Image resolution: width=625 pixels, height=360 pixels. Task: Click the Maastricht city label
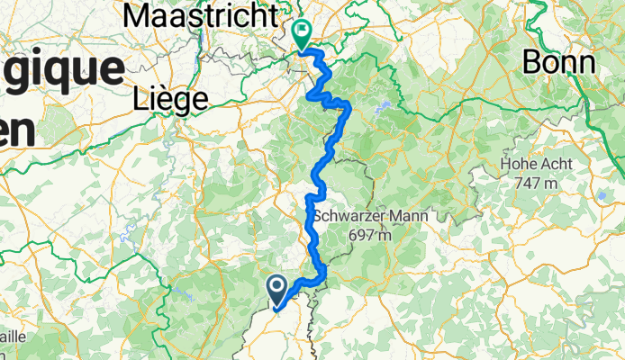click(200, 15)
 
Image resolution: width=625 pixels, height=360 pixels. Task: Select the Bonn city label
click(559, 63)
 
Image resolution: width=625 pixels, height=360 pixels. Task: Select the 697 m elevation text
click(371, 235)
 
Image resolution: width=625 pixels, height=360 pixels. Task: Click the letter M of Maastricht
click(138, 15)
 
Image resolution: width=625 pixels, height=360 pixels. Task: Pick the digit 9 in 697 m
click(363, 235)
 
